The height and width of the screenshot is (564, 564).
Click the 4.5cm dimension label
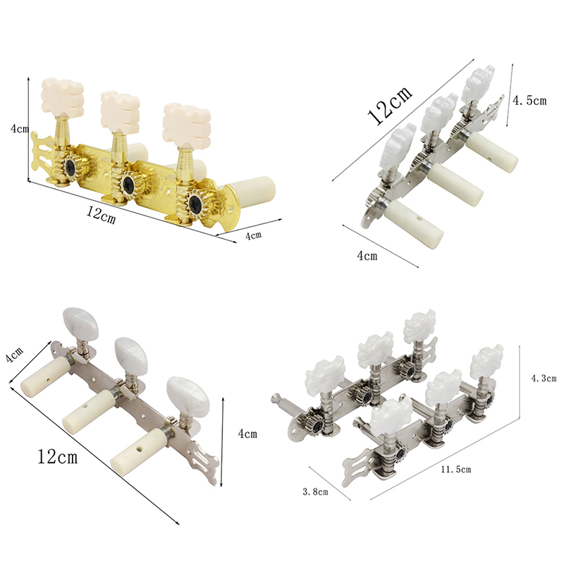[529, 100]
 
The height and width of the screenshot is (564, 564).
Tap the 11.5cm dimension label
[456, 470]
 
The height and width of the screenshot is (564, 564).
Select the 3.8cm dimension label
[315, 491]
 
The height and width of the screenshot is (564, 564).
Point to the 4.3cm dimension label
[544, 378]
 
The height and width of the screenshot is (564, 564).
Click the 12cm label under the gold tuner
[101, 216]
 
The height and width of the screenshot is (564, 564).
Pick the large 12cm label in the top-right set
[389, 106]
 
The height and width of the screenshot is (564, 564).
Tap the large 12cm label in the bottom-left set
[58, 457]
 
